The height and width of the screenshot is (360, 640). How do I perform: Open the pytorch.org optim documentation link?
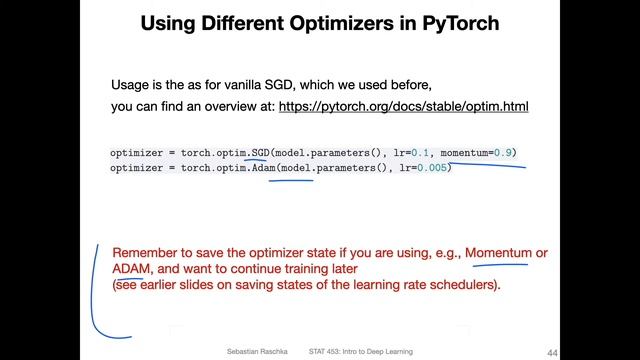403,105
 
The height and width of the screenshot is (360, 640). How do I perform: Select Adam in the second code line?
263,167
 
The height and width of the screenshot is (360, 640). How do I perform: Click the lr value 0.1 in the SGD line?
411,152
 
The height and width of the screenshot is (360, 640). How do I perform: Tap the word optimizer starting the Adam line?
137,167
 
